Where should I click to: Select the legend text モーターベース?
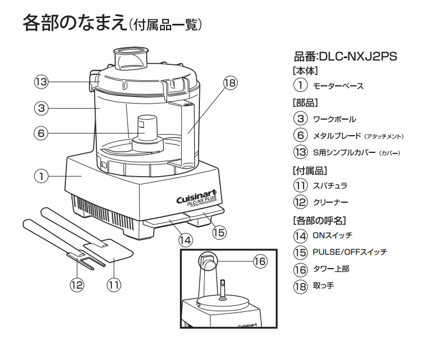337,86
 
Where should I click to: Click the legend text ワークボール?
334,119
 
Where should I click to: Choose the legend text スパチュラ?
330,186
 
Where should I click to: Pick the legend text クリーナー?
330,202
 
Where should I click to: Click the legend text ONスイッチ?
332,235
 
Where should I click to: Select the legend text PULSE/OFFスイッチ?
349,252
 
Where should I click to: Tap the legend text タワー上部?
331,269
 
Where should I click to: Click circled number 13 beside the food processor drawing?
41,82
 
